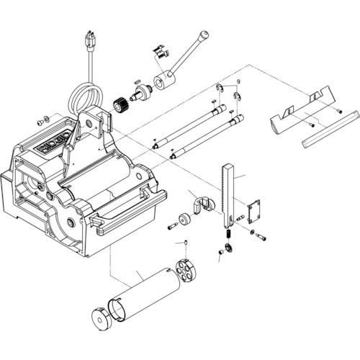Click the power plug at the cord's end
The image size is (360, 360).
[x=90, y=40]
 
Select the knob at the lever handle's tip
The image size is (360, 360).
[x=204, y=34]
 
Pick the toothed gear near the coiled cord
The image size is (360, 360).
[x=123, y=103]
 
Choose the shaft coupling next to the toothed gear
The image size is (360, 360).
[x=141, y=92]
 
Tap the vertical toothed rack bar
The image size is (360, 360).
[x=228, y=194]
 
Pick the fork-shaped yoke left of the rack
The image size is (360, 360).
[x=202, y=203]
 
